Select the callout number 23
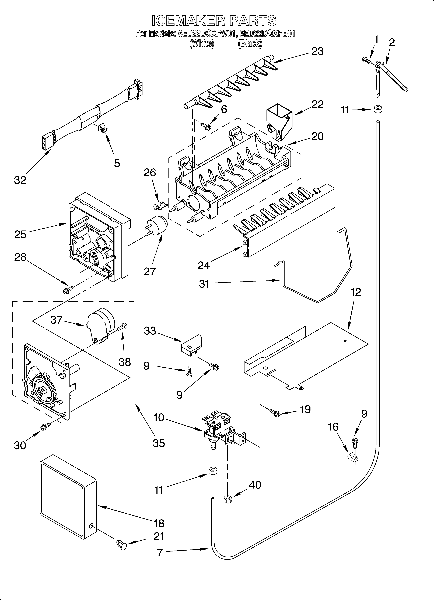pyautogui.click(x=317, y=51)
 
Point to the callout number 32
pyautogui.click(x=20, y=180)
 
